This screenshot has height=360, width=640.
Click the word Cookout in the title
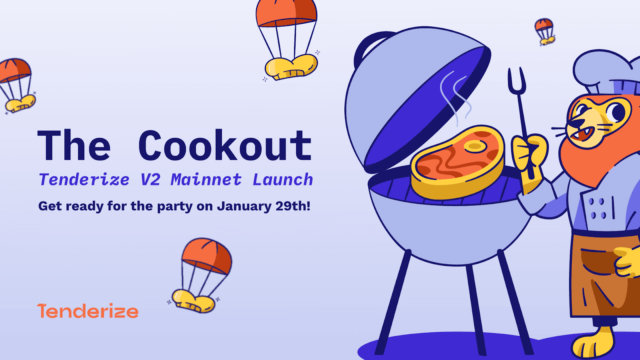[x=225, y=146]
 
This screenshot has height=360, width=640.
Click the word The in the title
[x=74, y=146]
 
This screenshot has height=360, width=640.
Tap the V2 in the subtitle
[x=150, y=180]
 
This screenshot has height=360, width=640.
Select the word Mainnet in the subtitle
[x=206, y=180]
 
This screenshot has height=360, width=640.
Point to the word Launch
[x=282, y=180]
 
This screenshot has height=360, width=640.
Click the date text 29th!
[x=293, y=206]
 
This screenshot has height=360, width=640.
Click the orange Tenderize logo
[x=88, y=311]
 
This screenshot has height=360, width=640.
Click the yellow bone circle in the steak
[x=475, y=146]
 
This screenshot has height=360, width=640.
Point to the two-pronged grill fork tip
[x=516, y=78]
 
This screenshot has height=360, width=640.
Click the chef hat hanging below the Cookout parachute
[x=291, y=67]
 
